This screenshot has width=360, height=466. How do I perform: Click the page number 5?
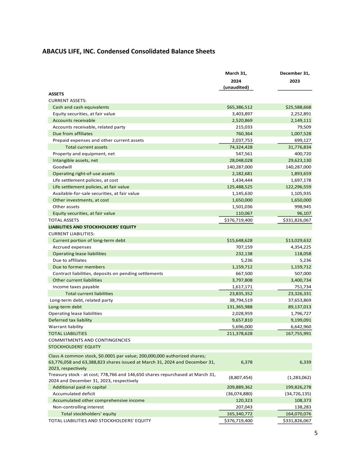[x=316, y=433]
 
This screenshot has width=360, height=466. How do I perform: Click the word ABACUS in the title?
[x=55, y=52]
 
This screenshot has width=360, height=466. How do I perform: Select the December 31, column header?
[x=294, y=73]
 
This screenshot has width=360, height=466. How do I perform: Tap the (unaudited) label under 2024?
[x=236, y=87]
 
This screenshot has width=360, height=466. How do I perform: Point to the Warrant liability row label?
[x=66, y=327]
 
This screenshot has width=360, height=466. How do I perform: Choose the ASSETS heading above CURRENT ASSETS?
[x=56, y=94]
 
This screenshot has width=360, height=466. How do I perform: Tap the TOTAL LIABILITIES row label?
[x=68, y=334]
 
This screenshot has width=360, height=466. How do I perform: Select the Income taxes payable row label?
[x=76, y=287]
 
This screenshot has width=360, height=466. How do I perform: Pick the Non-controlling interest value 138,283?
[x=302, y=407]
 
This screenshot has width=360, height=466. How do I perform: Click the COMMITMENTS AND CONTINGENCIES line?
[x=89, y=340]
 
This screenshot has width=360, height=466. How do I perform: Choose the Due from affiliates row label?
[x=72, y=134]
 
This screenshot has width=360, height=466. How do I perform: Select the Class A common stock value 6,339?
[x=304, y=362]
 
